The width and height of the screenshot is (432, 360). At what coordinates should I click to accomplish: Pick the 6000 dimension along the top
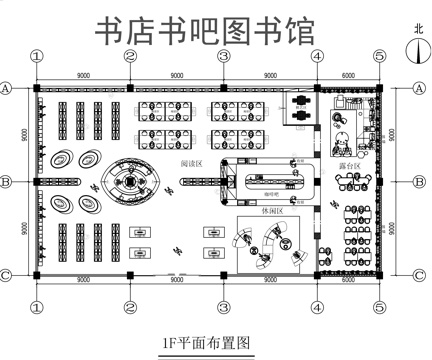pyautogui.click(x=347, y=74)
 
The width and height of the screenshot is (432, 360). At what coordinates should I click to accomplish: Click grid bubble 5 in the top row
pyautogui.click(x=378, y=57)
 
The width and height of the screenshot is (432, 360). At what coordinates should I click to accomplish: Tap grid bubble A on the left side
pyautogui.click(x=9, y=89)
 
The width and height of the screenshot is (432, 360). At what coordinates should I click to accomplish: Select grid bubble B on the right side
pyautogui.click(x=418, y=182)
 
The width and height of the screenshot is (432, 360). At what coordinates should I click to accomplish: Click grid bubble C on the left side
pyautogui.click(x=9, y=274)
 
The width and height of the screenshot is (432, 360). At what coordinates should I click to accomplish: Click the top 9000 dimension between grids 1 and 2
pyautogui.click(x=84, y=74)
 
